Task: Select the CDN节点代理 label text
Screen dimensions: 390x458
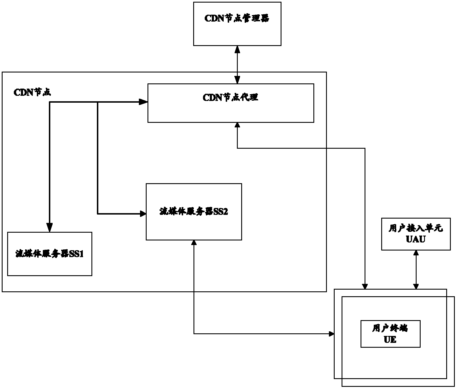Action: tap(230, 97)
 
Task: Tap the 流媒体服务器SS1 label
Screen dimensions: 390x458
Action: tap(49, 254)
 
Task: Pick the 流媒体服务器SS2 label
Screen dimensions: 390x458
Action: tap(193, 211)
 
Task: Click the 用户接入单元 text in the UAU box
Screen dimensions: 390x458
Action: tap(416, 228)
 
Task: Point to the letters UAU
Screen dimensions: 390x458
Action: tap(416, 239)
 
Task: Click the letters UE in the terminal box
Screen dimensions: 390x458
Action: tap(390, 340)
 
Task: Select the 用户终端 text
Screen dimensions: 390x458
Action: tap(390, 328)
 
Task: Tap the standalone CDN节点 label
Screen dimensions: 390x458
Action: tap(32, 92)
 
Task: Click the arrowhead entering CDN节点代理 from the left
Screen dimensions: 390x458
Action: tap(143, 102)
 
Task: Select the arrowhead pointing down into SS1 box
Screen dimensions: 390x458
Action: tap(50, 227)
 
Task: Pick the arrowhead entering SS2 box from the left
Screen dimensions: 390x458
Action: tap(143, 214)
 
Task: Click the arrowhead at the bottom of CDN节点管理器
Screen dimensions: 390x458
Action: tap(237, 49)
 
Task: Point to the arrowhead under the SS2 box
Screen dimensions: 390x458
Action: tap(194, 243)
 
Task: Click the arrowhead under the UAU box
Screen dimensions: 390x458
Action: tap(416, 253)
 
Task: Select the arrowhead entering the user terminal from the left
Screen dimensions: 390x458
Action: tap(331, 334)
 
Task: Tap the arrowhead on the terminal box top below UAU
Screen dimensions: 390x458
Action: tap(416, 286)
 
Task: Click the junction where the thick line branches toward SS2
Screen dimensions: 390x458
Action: tap(98, 102)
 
